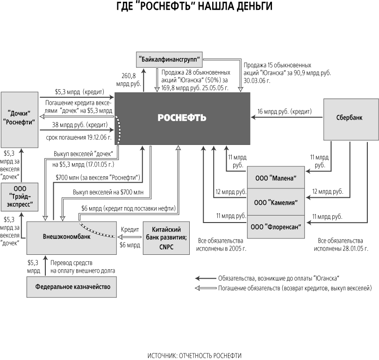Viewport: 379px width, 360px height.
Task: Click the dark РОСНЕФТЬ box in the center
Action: (182, 118)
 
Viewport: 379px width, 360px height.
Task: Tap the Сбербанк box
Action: (351, 119)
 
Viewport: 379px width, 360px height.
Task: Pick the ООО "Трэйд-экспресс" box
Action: (19, 198)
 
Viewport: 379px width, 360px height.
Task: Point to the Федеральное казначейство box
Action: (70, 286)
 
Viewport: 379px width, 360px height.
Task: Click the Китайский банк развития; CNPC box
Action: (167, 238)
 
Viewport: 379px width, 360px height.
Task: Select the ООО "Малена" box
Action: (276, 178)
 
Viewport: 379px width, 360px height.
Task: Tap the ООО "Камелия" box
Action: (276, 202)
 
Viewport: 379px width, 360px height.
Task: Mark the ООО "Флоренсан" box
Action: (276, 227)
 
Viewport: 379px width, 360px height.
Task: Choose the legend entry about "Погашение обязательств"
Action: (294, 288)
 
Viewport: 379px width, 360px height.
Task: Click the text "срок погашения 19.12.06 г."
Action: (79, 138)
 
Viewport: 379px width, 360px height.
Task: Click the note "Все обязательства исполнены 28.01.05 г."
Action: (340, 244)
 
